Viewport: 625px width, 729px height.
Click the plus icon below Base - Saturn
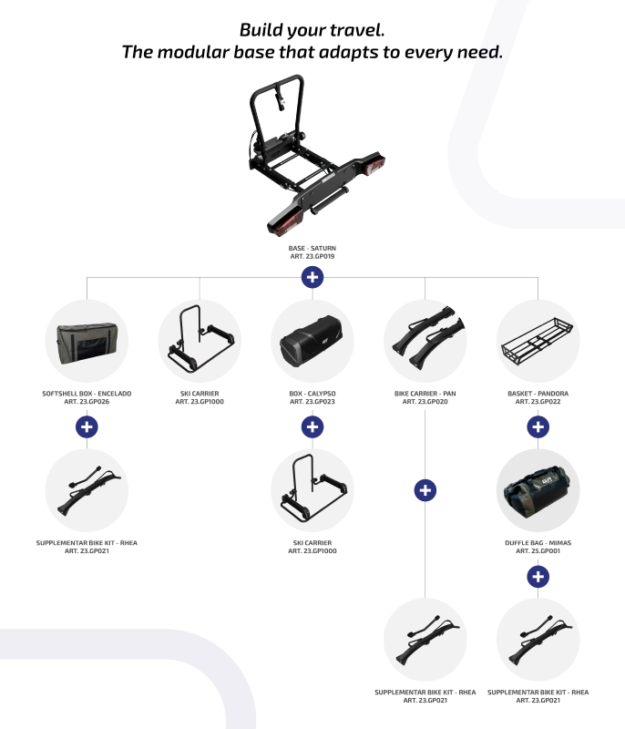click(x=312, y=277)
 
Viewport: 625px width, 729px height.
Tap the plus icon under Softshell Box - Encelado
click(x=87, y=426)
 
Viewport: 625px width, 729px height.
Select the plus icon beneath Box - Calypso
click(x=312, y=426)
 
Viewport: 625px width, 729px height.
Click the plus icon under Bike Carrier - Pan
click(x=425, y=490)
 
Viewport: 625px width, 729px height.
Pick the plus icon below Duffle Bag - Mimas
click(x=538, y=577)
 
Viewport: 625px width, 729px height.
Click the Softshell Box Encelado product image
click(x=87, y=343)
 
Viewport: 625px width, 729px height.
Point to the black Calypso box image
click(x=312, y=341)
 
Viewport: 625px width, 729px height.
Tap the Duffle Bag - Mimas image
click(x=538, y=491)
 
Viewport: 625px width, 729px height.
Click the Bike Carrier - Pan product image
click(x=427, y=338)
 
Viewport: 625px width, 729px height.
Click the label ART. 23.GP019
click(x=312, y=256)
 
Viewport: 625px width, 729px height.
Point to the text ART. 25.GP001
click(x=538, y=551)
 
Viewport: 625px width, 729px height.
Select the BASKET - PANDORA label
click(x=538, y=394)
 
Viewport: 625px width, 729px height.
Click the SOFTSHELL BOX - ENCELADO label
click(x=87, y=394)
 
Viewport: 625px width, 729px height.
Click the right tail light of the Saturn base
click(x=374, y=166)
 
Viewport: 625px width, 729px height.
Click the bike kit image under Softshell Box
click(x=88, y=490)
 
